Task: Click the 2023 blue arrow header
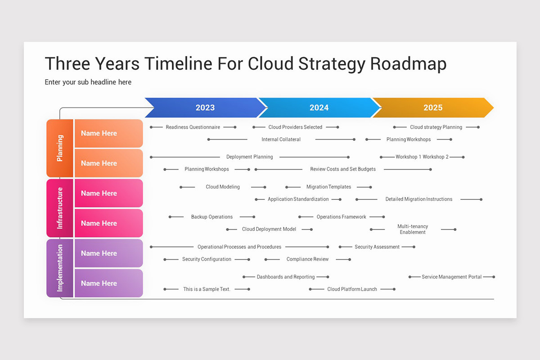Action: point(205,108)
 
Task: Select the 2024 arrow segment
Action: point(319,108)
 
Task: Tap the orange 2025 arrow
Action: point(432,108)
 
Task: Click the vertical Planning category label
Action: point(60,148)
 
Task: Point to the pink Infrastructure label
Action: point(60,208)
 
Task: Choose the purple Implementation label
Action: point(60,268)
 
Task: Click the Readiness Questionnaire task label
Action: point(193,127)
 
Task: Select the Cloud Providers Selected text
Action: point(295,127)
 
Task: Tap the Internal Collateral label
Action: point(281,139)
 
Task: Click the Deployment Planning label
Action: point(249,157)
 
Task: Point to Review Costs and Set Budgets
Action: point(342,169)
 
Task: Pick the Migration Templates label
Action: point(328,187)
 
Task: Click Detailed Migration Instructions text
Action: point(418,199)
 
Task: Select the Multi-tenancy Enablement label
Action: point(413,229)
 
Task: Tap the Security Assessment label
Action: point(377,247)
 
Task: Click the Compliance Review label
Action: point(307,259)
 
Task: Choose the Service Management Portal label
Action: point(451,277)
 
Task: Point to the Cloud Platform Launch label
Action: point(352,289)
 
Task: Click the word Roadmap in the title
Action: point(408,64)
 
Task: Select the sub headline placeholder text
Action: point(88,82)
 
